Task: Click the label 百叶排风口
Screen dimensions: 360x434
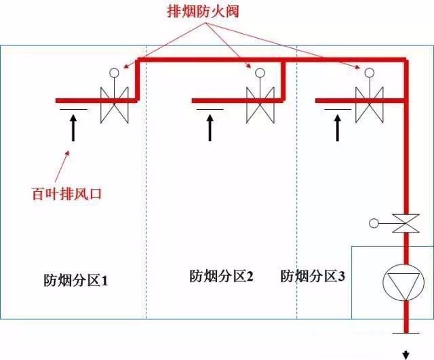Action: coord(70,194)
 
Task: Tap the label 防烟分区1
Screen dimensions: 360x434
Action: coord(76,279)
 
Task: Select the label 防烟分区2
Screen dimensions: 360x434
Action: coord(221,276)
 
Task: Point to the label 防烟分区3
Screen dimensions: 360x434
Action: coord(313,276)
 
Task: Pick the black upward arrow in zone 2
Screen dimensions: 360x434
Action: coord(210,127)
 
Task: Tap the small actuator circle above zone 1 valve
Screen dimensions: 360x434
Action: coord(114,72)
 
